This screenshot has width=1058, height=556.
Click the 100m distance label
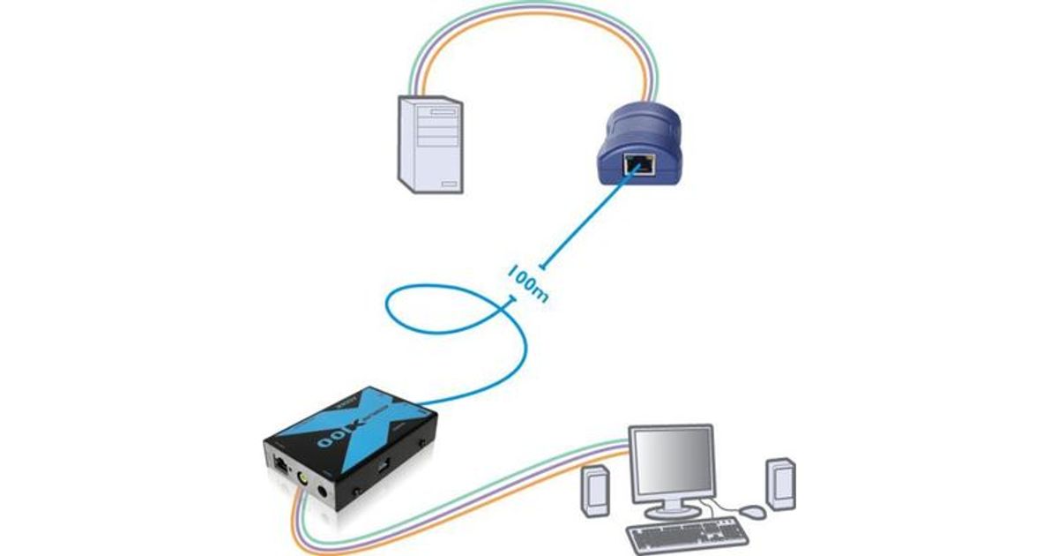[x=528, y=282]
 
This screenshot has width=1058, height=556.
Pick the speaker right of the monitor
[x=780, y=484]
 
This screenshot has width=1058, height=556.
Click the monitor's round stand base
[x=672, y=513]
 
